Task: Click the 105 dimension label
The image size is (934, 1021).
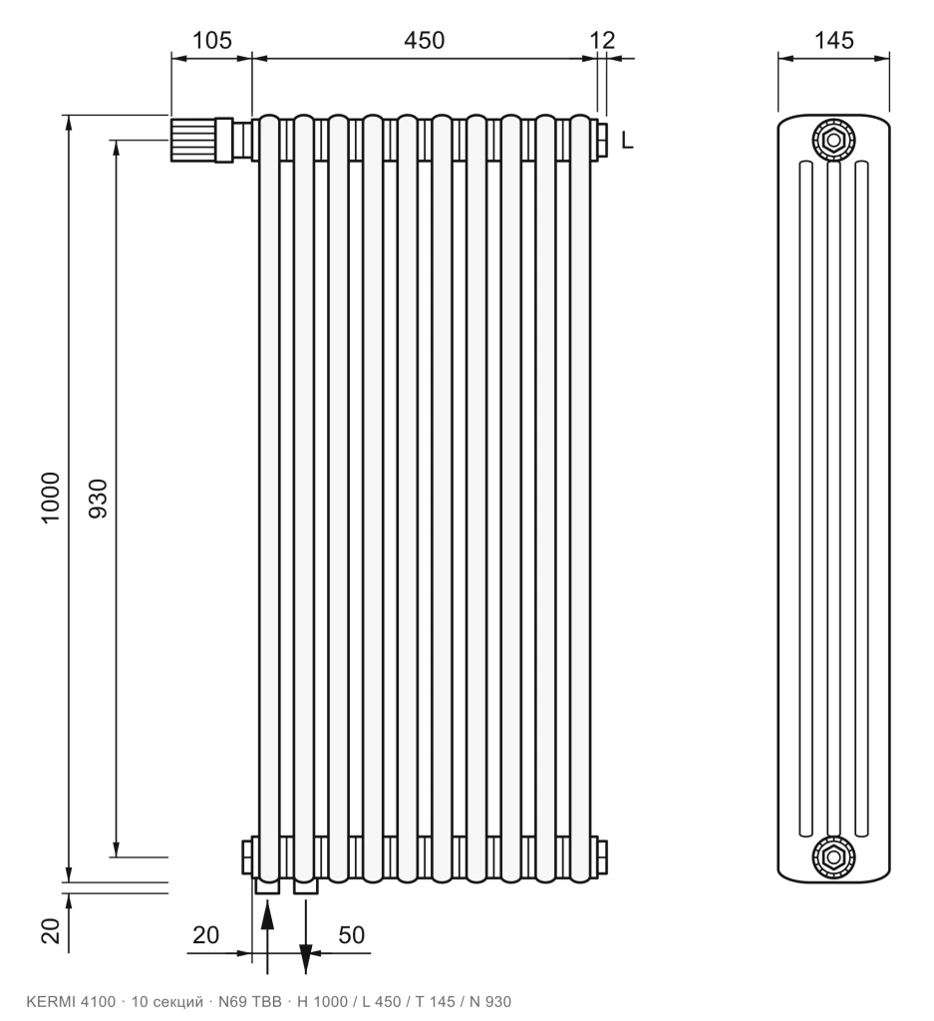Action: pos(212,40)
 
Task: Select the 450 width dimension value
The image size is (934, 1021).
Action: pos(425,40)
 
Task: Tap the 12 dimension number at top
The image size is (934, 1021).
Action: pos(602,40)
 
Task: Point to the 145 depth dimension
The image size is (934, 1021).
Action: pos(833,40)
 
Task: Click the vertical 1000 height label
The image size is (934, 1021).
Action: pos(50,498)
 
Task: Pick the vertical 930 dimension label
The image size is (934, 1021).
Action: pos(98,499)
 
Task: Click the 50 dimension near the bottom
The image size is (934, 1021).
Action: pos(352,935)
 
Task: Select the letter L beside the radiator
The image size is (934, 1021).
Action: pos(627,140)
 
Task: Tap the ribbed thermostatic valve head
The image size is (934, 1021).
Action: pos(193,140)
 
